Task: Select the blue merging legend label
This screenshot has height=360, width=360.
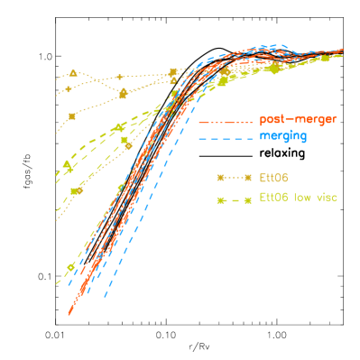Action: pyautogui.click(x=282, y=136)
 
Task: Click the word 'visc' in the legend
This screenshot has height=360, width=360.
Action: pyautogui.click(x=326, y=197)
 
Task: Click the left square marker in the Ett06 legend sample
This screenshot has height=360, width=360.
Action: pyautogui.click(x=218, y=177)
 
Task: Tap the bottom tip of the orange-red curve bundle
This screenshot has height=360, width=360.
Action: pyautogui.click(x=69, y=313)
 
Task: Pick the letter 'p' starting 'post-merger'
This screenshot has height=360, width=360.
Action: pyautogui.click(x=263, y=121)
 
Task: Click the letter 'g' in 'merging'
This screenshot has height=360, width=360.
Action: pyautogui.click(x=302, y=138)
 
